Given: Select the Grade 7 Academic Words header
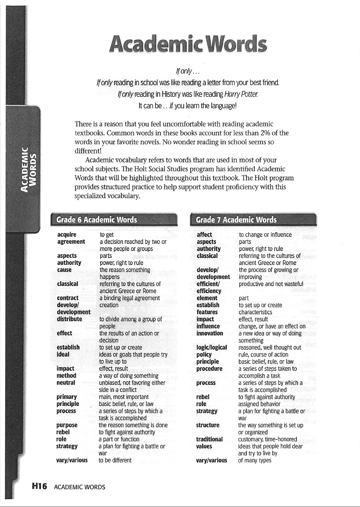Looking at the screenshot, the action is (x=236, y=220).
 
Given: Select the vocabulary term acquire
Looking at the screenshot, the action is (x=67, y=235).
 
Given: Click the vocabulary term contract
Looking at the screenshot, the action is (x=68, y=298).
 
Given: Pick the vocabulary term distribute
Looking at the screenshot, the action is (x=69, y=319).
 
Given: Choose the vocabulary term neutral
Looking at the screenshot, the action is (x=66, y=383).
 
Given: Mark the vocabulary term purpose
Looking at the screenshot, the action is (x=67, y=425).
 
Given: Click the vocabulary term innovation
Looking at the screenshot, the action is (x=209, y=333).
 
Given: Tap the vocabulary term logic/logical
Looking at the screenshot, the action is (x=211, y=347).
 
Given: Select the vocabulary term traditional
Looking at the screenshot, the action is (x=209, y=439).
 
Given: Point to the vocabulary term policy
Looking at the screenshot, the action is (x=204, y=355).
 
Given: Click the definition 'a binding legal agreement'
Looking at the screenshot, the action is (x=129, y=298).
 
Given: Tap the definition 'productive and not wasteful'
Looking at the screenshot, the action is (x=271, y=284).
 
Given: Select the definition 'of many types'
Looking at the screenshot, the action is (x=254, y=460).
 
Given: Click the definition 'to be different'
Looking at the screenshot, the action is (x=115, y=460).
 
